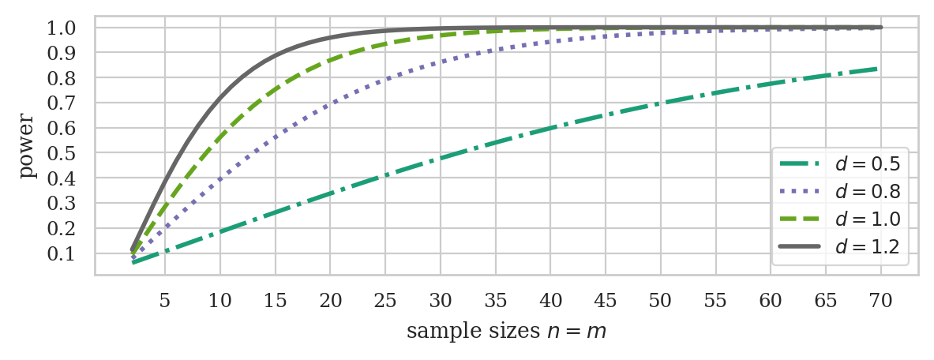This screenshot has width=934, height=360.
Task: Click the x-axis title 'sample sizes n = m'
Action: tap(506, 332)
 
